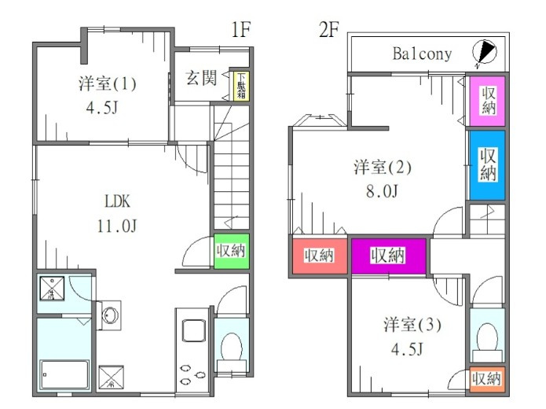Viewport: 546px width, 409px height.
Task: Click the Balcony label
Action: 423,53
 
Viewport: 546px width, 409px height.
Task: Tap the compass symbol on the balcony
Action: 486,52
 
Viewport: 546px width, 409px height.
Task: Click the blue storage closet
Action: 487,164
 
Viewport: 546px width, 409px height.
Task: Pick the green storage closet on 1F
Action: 231,251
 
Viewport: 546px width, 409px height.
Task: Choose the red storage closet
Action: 319,256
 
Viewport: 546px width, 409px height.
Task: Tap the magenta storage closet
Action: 388,255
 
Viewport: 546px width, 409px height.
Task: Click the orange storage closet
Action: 486,379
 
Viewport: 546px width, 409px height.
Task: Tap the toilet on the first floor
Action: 232,345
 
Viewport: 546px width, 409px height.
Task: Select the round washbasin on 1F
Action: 112,315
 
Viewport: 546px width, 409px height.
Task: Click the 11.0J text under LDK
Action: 118,227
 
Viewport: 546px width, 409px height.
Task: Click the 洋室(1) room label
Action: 108,83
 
